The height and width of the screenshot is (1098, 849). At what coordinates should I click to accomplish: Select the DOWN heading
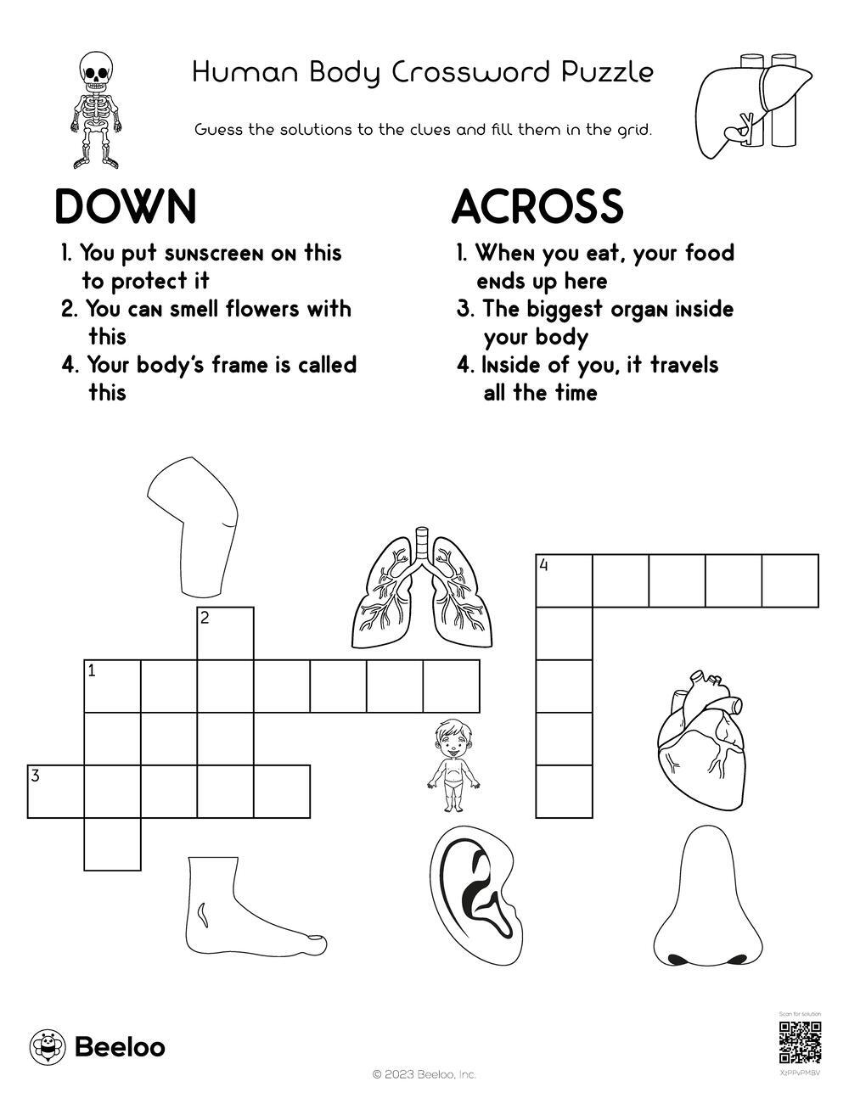pyautogui.click(x=125, y=207)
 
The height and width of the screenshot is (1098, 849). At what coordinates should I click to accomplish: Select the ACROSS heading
pyautogui.click(x=537, y=207)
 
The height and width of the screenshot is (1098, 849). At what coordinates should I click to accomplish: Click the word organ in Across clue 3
pyautogui.click(x=627, y=309)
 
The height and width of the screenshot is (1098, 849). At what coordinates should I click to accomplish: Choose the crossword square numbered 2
pyautogui.click(x=225, y=634)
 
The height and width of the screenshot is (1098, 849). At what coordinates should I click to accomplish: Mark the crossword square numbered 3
pyautogui.click(x=56, y=792)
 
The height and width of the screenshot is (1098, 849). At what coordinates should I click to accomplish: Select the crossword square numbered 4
pyautogui.click(x=564, y=581)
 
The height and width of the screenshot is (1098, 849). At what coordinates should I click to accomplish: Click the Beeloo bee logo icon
pyautogui.click(x=47, y=1047)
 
